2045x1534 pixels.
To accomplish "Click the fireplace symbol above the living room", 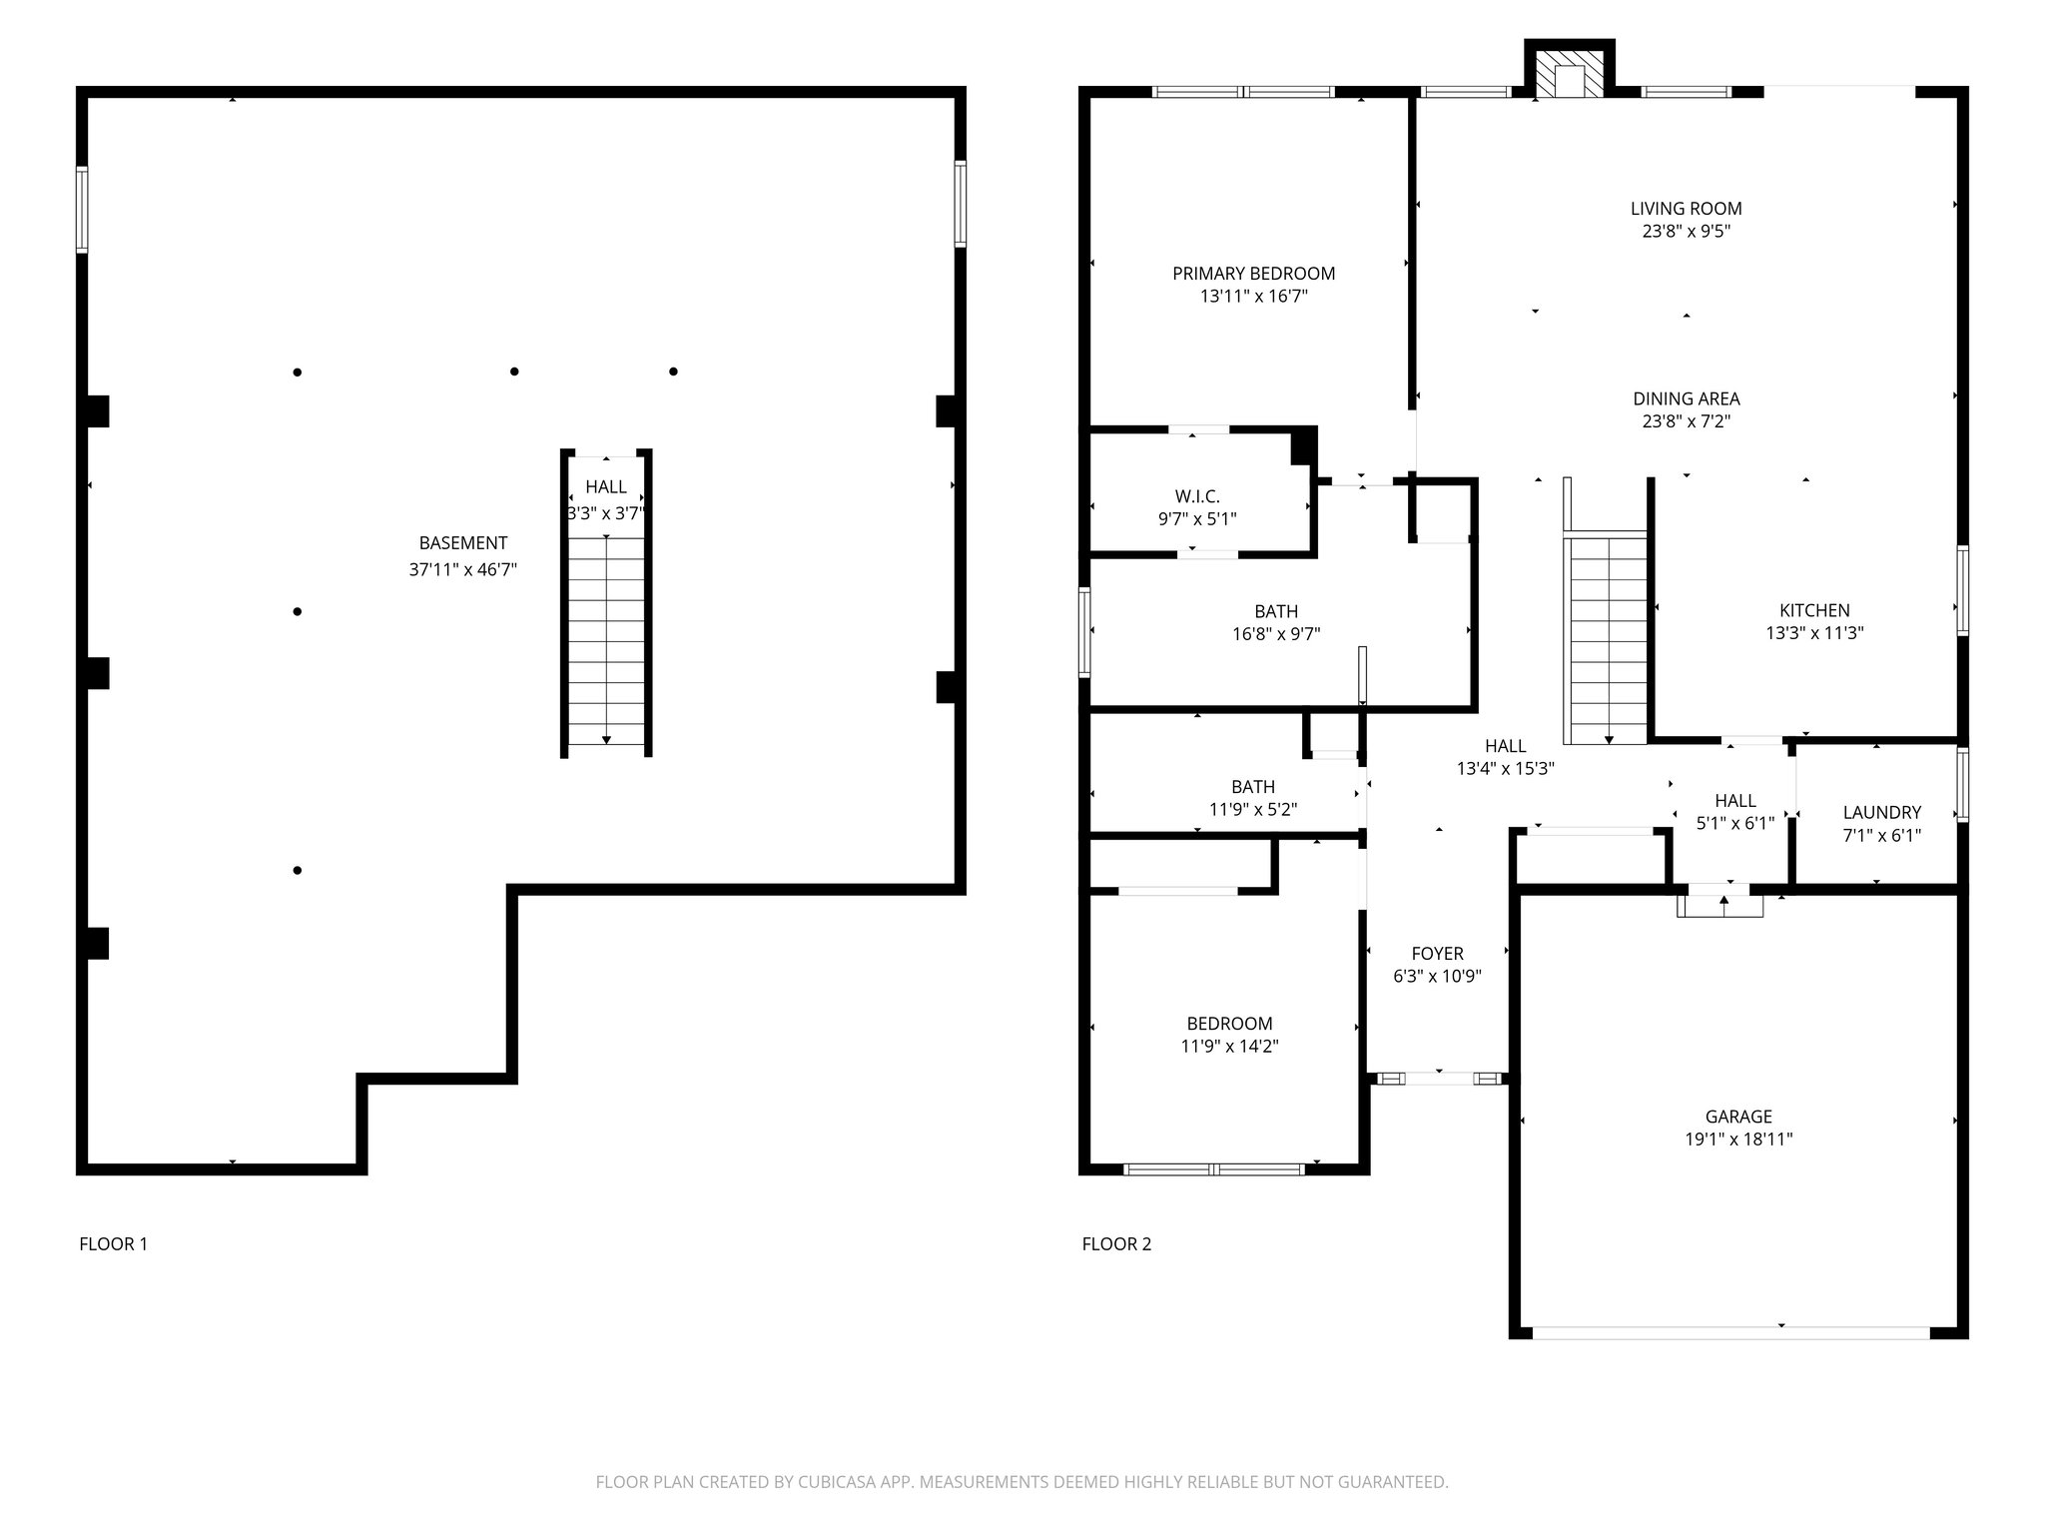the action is pyautogui.click(x=1569, y=73).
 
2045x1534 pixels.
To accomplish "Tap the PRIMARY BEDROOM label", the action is pyautogui.click(x=1253, y=274).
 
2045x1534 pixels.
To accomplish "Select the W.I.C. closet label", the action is pyautogui.click(x=1196, y=496).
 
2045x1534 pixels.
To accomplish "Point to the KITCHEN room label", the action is pyautogui.click(x=1814, y=610).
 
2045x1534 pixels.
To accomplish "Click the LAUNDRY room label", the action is pyautogui.click(x=1881, y=813).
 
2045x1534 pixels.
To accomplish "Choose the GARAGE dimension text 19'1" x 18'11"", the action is pyautogui.click(x=1738, y=1139).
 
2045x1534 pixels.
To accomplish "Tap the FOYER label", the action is pyautogui.click(x=1437, y=954).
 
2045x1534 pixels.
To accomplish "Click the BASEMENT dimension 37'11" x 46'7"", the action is pyautogui.click(x=462, y=570).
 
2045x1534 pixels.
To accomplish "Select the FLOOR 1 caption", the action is pyautogui.click(x=113, y=1243).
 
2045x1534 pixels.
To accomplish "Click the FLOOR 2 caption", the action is pyautogui.click(x=1116, y=1243).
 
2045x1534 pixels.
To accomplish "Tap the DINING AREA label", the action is pyautogui.click(x=1687, y=398).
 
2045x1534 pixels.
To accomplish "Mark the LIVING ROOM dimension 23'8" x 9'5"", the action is pyautogui.click(x=1687, y=232).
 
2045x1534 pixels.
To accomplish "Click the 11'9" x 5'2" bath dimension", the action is pyautogui.click(x=1253, y=810).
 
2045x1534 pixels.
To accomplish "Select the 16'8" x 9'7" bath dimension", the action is pyautogui.click(x=1276, y=634).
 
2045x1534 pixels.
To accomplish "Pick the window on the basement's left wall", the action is pyautogui.click(x=82, y=209).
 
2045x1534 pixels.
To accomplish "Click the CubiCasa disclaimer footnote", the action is pyautogui.click(x=1022, y=1482).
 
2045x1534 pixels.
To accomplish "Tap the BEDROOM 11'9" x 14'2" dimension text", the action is pyautogui.click(x=1229, y=1047).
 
